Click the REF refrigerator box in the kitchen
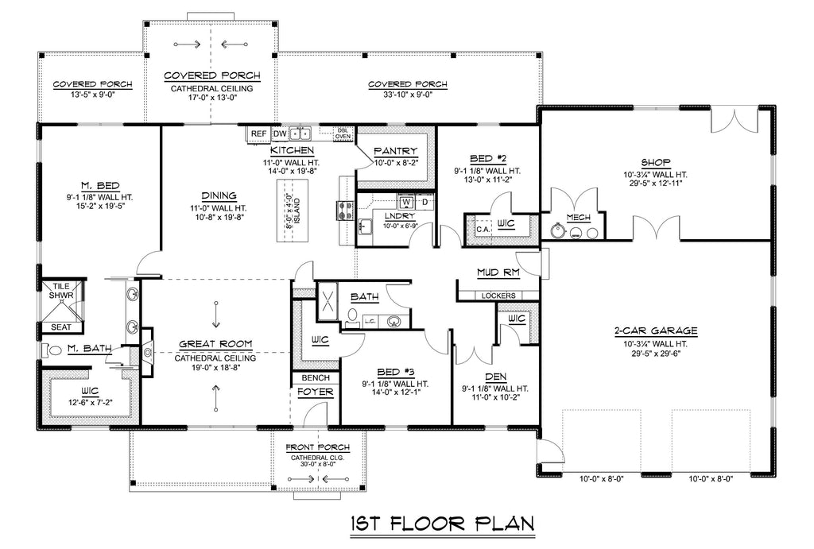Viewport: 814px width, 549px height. (258, 134)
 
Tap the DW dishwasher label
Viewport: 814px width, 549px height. (280, 134)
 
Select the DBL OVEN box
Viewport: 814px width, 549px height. (343, 133)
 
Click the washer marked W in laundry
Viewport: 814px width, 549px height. (407, 201)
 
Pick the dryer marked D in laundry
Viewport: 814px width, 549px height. (424, 201)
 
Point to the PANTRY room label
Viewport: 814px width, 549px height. (396, 151)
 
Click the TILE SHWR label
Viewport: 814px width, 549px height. (61, 291)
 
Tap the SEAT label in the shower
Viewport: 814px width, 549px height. (60, 327)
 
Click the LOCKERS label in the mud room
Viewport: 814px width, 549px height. (498, 296)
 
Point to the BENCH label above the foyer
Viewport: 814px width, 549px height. (316, 377)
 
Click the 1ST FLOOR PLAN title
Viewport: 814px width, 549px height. (442, 523)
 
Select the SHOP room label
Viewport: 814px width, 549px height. (656, 162)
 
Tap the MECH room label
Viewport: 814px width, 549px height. (579, 218)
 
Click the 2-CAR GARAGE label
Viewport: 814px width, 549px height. (656, 331)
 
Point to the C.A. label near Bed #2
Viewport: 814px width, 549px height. (483, 229)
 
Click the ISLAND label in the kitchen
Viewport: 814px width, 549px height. (297, 211)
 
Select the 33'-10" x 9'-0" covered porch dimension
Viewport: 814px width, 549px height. (408, 95)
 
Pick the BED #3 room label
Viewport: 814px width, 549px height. (396, 372)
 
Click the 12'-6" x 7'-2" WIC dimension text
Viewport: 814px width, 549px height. (90, 402)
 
